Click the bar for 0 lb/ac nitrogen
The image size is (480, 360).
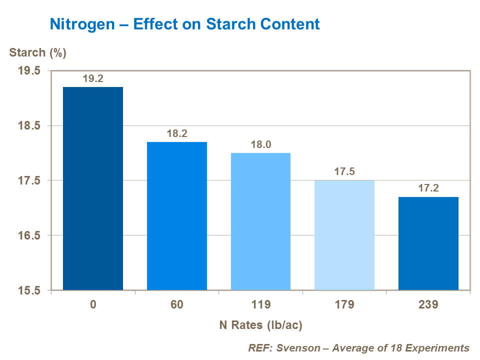click(93, 188)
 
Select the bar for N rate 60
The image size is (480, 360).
click(177, 216)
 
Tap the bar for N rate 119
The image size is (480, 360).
click(260, 221)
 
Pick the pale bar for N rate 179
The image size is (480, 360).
click(344, 235)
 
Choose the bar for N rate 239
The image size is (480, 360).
click(428, 243)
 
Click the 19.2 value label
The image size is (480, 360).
click(93, 79)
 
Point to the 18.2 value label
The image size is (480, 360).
click(177, 134)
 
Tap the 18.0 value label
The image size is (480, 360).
click(260, 145)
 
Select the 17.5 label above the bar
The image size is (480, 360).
click(344, 172)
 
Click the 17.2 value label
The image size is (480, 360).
click(428, 189)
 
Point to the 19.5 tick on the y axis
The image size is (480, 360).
click(29, 71)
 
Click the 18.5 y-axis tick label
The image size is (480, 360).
click(29, 126)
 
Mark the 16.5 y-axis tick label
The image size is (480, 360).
click(29, 235)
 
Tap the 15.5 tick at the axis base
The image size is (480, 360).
click(29, 290)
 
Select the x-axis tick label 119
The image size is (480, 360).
click(260, 304)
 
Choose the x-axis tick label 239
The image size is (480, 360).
click(428, 304)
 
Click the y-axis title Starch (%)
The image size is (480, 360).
click(38, 53)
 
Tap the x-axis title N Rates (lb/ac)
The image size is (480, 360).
click(261, 325)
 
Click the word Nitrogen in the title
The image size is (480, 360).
click(81, 24)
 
